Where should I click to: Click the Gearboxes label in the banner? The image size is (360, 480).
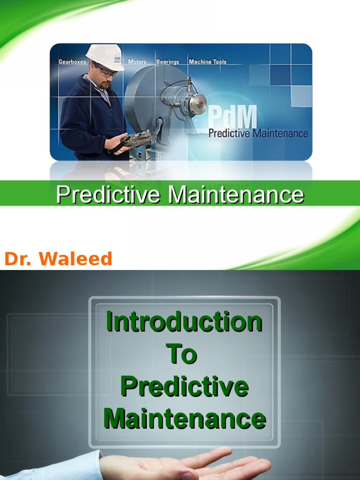click(x=72, y=62)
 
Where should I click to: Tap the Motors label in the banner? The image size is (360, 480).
click(x=137, y=62)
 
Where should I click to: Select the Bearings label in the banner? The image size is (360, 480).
click(x=167, y=62)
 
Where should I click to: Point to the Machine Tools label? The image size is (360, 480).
click(x=207, y=62)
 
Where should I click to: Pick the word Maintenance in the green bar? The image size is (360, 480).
click(x=236, y=195)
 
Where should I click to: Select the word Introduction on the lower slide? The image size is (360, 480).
click(x=184, y=322)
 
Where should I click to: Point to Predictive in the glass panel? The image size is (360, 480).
click(x=184, y=387)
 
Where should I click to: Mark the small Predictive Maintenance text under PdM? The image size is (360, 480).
click(x=258, y=134)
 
